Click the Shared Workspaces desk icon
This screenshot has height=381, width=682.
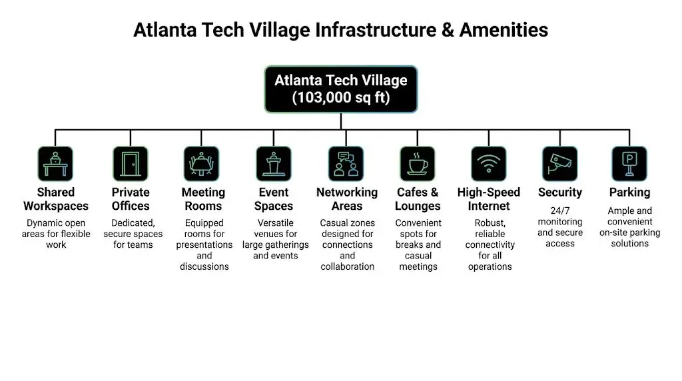coord(55,164)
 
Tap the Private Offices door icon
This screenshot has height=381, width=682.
coord(131,164)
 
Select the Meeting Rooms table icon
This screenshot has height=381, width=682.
coord(201,164)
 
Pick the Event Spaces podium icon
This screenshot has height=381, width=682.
coord(274,164)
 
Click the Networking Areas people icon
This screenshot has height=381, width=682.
coord(346,164)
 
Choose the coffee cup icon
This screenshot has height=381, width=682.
coord(418,164)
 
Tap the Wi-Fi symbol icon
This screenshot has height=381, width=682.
coord(488,164)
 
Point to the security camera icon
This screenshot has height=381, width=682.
coord(559,164)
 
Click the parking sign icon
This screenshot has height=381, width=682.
coord(629,164)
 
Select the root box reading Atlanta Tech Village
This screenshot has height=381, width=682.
coord(341,89)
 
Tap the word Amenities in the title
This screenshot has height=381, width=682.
coord(504,30)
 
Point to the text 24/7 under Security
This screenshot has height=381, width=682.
coord(559,211)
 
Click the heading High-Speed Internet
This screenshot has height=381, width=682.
coord(489,199)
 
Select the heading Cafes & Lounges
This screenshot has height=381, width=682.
coord(418,199)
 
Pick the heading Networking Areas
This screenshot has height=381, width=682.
coord(346,199)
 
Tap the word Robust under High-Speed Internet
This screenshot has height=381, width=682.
coord(490,223)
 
